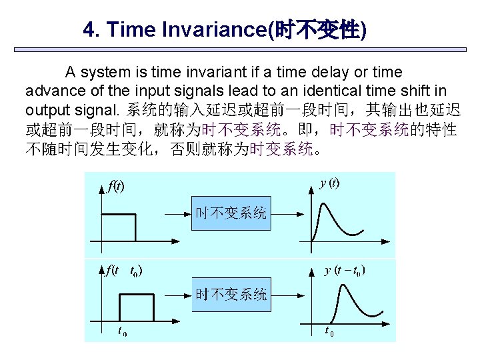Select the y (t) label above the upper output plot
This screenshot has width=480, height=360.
330,183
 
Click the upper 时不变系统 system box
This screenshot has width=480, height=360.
231,213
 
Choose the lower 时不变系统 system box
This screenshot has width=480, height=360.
231,294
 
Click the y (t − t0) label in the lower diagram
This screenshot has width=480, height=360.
344,270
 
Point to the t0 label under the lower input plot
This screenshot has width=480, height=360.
122,330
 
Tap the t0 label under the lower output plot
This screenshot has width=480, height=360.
329,330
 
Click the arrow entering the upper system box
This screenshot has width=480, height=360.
176,213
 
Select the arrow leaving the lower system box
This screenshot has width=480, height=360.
287,294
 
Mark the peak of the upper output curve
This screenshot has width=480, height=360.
321,202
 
